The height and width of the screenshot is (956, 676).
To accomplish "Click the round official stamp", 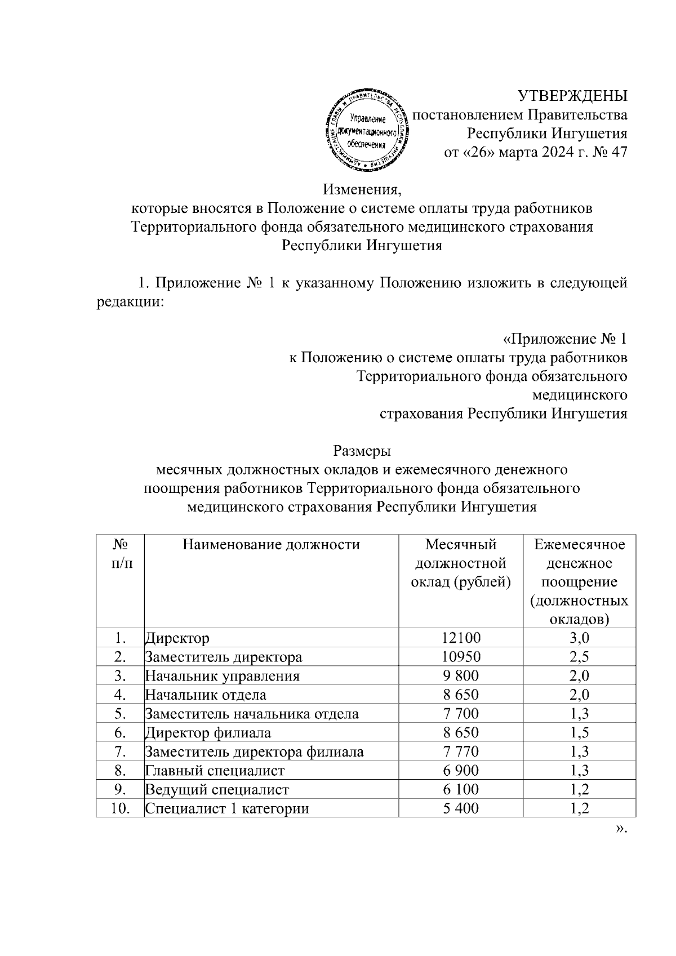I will [366, 130].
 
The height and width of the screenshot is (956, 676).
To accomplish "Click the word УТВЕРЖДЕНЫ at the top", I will [572, 95].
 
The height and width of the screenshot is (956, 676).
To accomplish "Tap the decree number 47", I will [619, 152].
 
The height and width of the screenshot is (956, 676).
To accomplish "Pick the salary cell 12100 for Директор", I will [461, 638].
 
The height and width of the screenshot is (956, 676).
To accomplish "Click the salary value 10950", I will [461, 657].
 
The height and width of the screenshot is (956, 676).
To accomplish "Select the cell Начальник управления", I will [223, 676].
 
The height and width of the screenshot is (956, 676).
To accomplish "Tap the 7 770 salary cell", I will [461, 752].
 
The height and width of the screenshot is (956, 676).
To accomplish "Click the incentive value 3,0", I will [579, 638].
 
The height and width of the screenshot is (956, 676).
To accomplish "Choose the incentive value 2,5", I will [579, 657].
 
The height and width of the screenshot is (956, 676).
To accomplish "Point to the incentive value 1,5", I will [579, 732].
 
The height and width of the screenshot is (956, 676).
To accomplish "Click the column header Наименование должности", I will [271, 544].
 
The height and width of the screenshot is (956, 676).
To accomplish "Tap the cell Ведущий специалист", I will [217, 789].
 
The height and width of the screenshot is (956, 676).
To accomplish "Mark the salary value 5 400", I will [461, 808].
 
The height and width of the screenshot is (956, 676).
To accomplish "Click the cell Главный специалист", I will [215, 770].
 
